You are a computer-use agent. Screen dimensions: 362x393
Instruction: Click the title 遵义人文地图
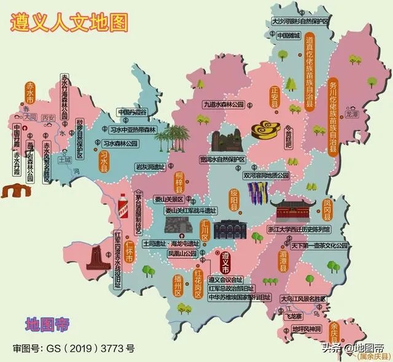tap(69, 23)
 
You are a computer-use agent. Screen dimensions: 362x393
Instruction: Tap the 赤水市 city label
tap(28, 94)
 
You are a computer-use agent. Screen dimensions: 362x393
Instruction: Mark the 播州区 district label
tap(178, 286)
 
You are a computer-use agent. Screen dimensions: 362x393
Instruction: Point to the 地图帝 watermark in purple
tap(47, 323)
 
